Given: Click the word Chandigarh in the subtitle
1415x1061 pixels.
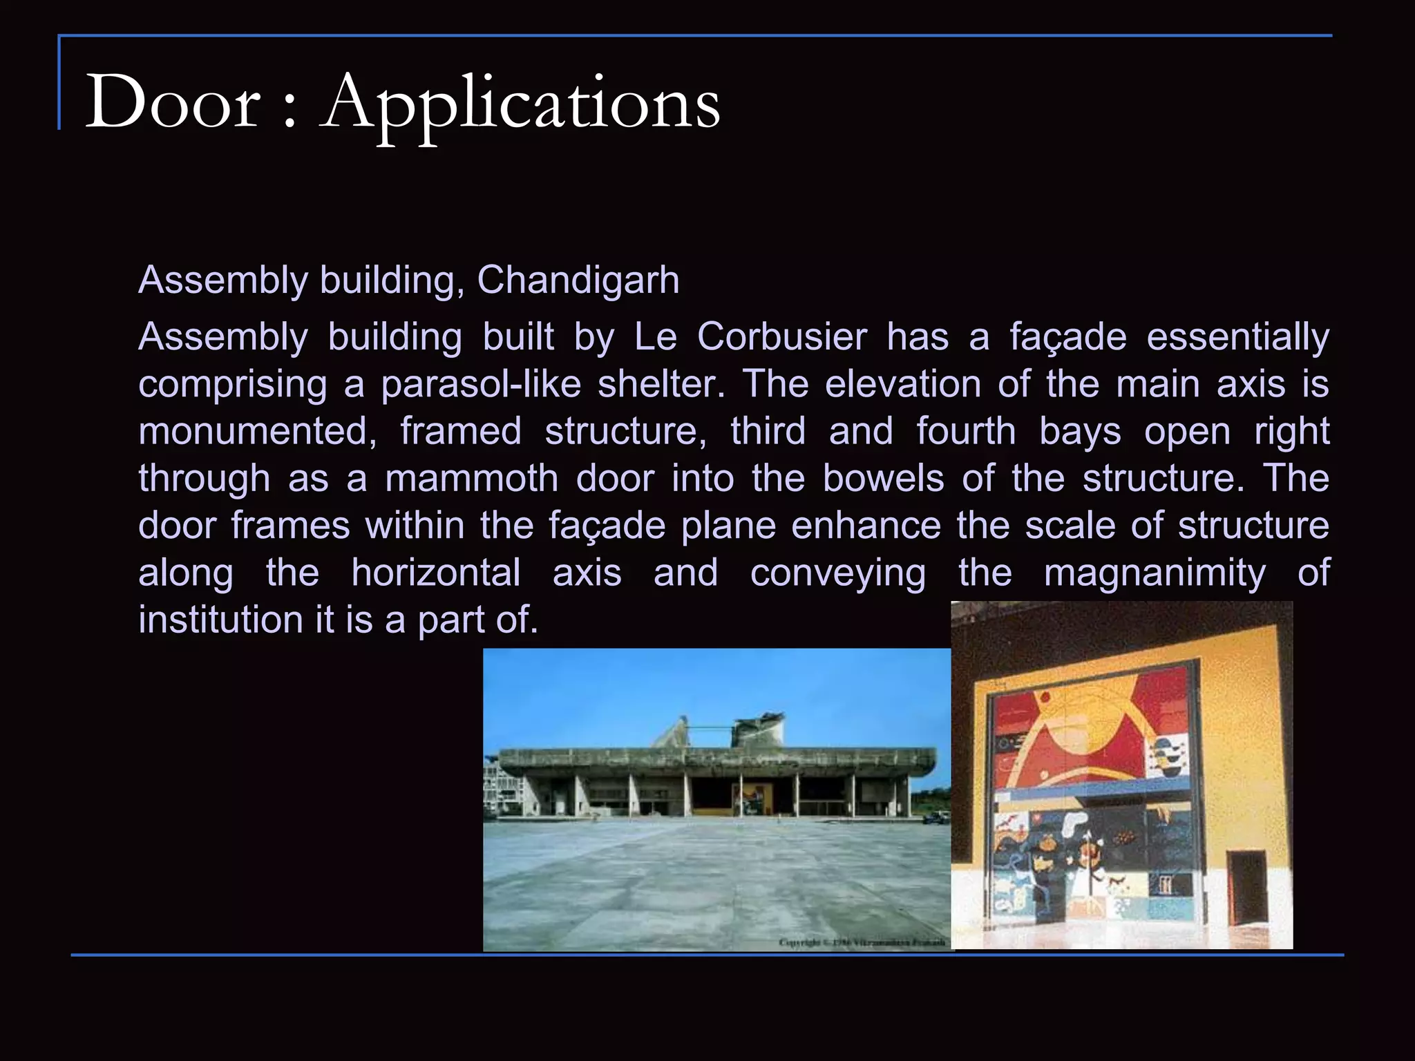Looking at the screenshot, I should click(x=578, y=280).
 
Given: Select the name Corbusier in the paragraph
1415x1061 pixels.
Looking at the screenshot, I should click(x=781, y=337).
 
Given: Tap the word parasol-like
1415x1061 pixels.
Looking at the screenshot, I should click(x=481, y=384).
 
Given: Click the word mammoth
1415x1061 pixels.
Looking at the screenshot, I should click(x=471, y=478).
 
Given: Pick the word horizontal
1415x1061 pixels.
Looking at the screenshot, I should click(x=435, y=573).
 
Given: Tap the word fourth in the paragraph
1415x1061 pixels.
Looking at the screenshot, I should click(x=966, y=431).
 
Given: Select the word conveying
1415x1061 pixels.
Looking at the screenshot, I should click(x=837, y=573).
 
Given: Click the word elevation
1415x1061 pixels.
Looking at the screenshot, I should click(x=902, y=384).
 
